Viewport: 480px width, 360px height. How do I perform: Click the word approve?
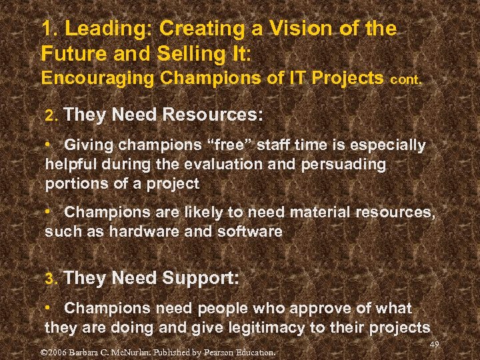312,308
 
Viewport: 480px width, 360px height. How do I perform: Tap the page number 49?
435,344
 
